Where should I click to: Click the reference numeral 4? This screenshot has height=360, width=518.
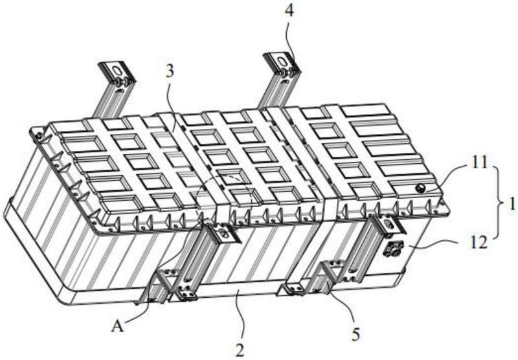[289, 11]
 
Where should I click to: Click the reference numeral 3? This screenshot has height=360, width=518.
[170, 72]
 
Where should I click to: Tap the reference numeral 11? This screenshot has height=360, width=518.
[480, 163]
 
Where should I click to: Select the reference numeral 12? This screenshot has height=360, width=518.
[479, 243]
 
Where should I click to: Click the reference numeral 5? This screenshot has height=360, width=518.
[355, 335]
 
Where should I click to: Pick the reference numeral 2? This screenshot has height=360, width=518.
[240, 350]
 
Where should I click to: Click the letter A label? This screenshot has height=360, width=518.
[118, 326]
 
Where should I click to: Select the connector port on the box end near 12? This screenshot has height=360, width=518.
[392, 248]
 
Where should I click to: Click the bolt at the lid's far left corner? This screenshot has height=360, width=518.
[39, 135]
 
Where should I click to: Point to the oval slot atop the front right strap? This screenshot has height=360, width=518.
[389, 224]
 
